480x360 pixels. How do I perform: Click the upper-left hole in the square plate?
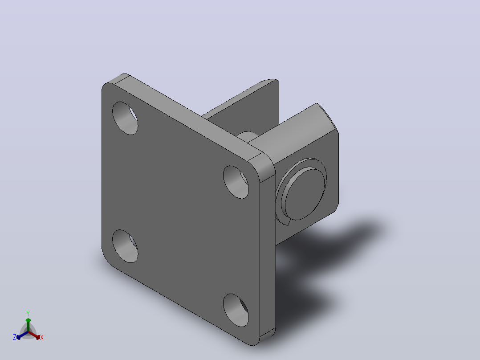coord(125,118)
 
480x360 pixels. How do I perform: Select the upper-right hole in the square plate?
coord(236,182)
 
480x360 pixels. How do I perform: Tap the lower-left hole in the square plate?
coord(125,246)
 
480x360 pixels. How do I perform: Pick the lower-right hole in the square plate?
coord(236,310)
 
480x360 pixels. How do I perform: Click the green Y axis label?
coord(28,313)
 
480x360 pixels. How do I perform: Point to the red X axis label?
coord(42,337)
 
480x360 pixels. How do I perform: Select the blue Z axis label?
coord(15,337)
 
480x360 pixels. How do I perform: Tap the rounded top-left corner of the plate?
coord(107,87)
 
